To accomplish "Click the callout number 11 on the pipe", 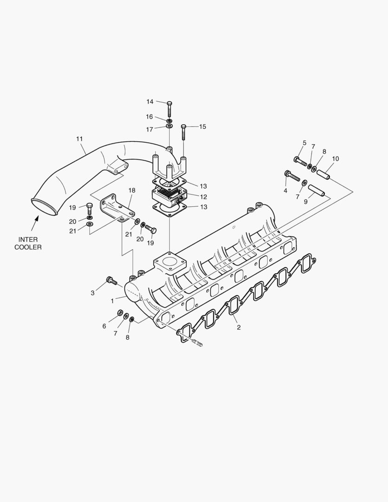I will point(79,139).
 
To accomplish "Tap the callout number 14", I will point(150,101).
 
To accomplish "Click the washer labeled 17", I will point(169,126).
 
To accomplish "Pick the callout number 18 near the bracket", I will point(132,190).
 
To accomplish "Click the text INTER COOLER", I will point(28,243).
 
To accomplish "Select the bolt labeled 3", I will point(111,280).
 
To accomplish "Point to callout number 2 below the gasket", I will point(238,327).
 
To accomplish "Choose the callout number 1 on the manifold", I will point(112,301).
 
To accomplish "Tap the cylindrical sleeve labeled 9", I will point(317,191).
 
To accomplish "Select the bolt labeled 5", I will point(300,161).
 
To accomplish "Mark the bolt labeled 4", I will point(292,176).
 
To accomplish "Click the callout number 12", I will point(204,197).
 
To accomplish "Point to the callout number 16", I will point(150,117).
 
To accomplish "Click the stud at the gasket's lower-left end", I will point(196,343).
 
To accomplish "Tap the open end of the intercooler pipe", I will point(45,208).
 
